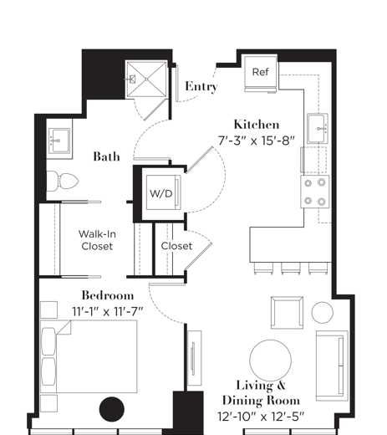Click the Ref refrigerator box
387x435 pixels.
[x=260, y=73]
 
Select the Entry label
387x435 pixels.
[x=201, y=86]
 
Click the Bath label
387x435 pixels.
[x=106, y=156]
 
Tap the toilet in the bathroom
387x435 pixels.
[x=63, y=180]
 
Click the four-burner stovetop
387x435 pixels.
[x=315, y=191]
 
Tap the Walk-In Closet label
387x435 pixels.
[x=98, y=240]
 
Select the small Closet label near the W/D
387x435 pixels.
[x=176, y=246]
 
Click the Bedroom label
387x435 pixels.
[x=107, y=295]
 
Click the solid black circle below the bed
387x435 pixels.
[x=112, y=410]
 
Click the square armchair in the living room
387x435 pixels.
[x=284, y=314]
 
